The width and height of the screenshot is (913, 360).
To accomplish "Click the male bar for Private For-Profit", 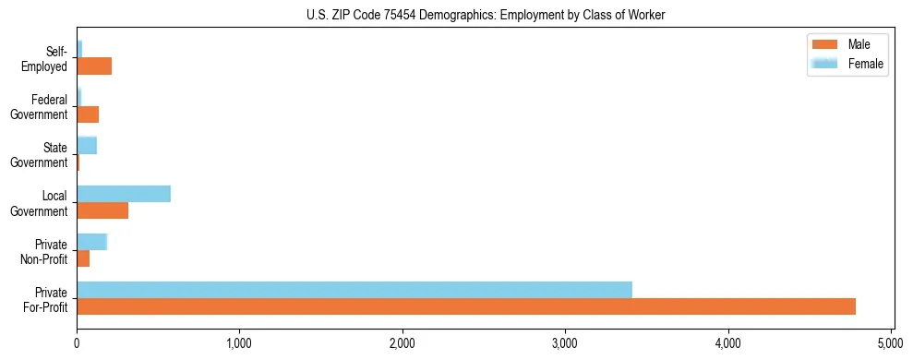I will click(466, 306).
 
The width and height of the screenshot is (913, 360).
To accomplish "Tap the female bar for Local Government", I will click(124, 194).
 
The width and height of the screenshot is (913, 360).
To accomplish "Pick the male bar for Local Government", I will click(102, 210).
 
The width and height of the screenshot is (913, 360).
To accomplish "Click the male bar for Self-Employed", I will click(94, 66).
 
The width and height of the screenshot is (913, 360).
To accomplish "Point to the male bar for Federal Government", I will click(88, 114).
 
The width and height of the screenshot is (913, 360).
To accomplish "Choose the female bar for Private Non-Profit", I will click(92, 242).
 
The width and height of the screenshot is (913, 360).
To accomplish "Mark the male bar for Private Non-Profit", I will click(83, 258).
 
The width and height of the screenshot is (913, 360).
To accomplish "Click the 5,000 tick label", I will click(891, 343).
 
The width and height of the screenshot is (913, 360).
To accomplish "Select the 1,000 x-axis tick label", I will click(239, 343).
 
